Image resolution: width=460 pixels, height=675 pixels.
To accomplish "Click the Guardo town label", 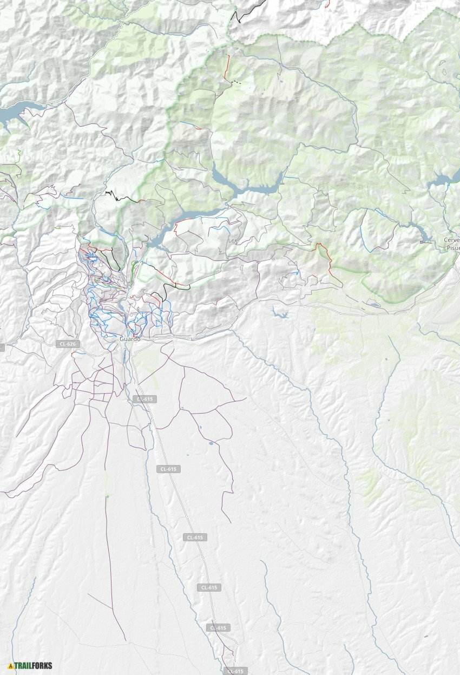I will [130, 339].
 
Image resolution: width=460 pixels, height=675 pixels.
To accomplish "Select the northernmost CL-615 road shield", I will [144, 399].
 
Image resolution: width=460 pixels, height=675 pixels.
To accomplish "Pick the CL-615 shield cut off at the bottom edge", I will [234, 671].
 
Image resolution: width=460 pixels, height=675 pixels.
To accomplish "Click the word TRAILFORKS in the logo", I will [33, 665].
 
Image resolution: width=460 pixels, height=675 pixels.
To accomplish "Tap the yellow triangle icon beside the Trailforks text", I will [10, 666].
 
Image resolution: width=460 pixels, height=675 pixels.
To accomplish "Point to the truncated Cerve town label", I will [451, 240].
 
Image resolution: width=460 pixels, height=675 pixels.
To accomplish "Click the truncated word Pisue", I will [451, 247].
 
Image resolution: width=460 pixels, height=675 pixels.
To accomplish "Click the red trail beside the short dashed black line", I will [227, 68].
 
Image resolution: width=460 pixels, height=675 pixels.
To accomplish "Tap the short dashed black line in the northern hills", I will [236, 82].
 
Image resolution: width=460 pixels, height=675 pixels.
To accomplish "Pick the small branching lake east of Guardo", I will [280, 312].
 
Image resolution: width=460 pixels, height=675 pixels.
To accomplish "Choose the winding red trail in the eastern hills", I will [328, 263].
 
